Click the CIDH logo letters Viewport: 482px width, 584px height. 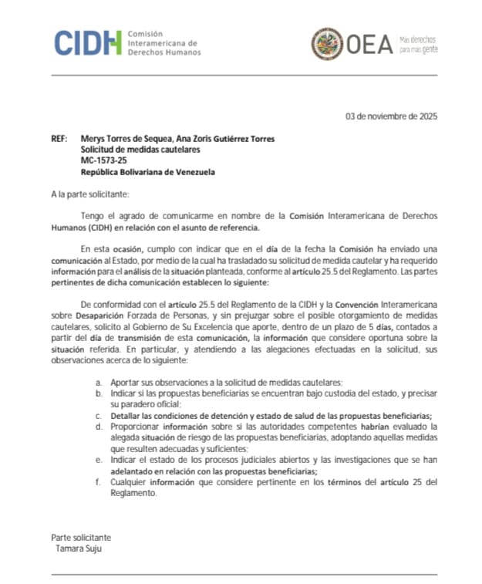(x=88, y=43)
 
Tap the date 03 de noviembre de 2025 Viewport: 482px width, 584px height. (x=391, y=116)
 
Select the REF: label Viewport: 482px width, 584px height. (x=59, y=139)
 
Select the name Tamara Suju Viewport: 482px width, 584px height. (x=79, y=549)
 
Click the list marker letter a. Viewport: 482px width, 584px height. (x=98, y=383)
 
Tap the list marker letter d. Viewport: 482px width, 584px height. (x=98, y=426)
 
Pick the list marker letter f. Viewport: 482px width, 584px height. (x=98, y=483)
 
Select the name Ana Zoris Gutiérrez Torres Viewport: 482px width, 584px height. (x=227, y=139)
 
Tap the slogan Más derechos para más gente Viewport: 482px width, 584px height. (x=418, y=44)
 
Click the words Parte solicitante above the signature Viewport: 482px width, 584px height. (x=81, y=538)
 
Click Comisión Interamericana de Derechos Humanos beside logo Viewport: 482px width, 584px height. (x=163, y=43)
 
